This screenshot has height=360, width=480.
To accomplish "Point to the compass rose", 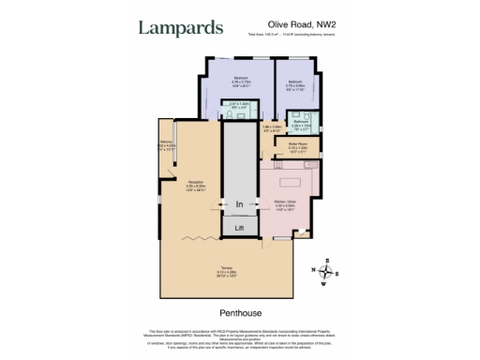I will [326, 272].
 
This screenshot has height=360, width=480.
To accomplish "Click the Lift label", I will [240, 228].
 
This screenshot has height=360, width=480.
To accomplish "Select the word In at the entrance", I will [240, 203].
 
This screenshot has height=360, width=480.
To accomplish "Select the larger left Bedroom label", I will [240, 79].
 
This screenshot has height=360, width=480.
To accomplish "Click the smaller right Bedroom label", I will [293, 81].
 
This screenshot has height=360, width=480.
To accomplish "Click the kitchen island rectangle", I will [286, 176].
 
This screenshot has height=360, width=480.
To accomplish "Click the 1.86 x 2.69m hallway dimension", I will [273, 128].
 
